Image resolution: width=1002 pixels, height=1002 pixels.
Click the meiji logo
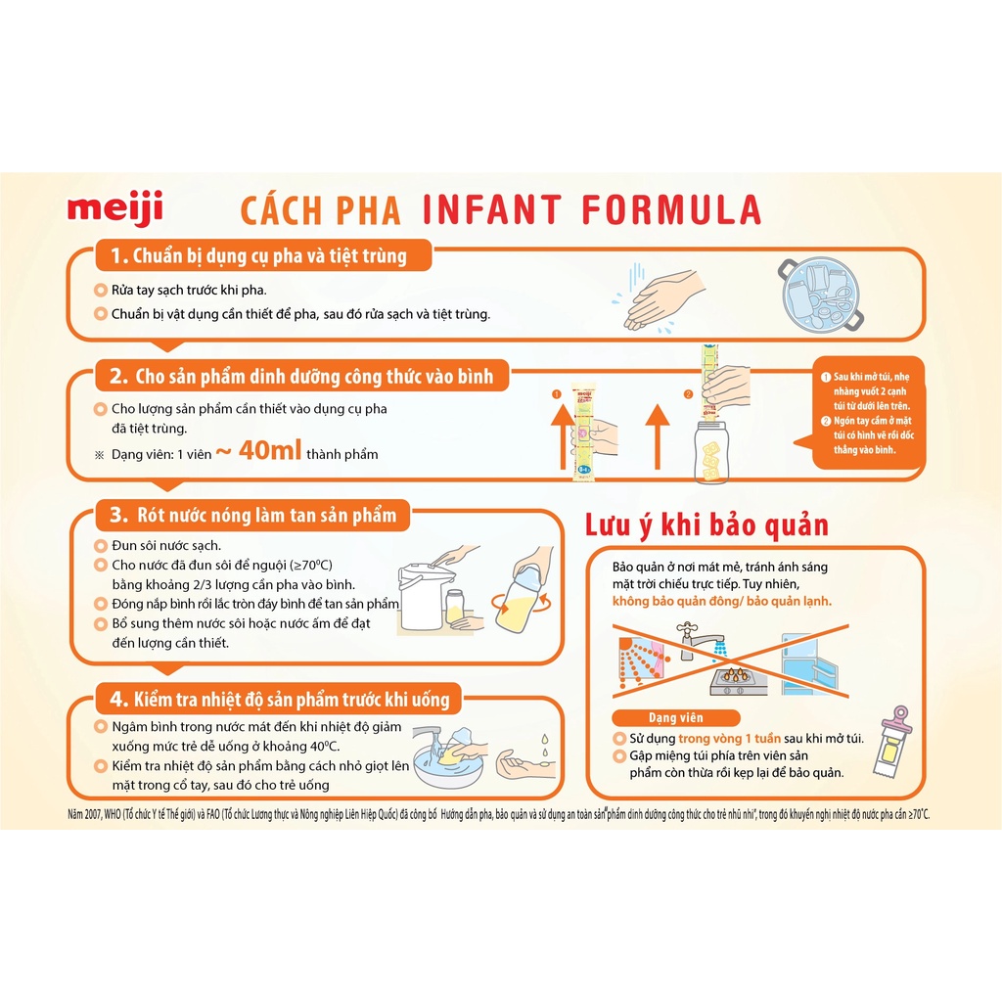pyautogui.click(x=114, y=208)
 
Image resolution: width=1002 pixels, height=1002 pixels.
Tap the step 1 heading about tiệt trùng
pyautogui.click(x=257, y=256)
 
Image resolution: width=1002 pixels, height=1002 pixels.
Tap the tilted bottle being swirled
pyautogui.click(x=523, y=593)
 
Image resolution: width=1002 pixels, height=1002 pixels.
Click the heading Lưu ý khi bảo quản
pyautogui.click(x=706, y=525)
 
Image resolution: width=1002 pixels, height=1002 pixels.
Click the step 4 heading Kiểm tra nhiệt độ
pyautogui.click(x=278, y=699)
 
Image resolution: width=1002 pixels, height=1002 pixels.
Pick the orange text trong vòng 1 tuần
pyautogui.click(x=722, y=740)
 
